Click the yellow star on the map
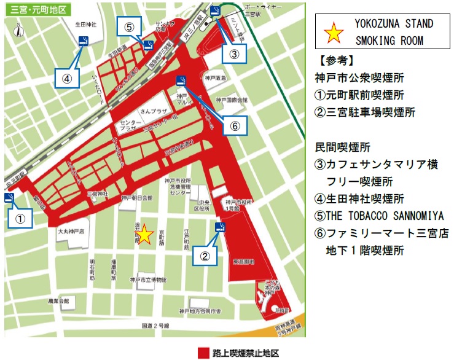coord(144,235)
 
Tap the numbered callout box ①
coord(20,217)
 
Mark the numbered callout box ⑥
coord(234,126)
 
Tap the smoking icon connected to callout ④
coord(84,41)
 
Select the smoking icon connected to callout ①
coord(9,197)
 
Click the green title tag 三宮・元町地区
coord(37,10)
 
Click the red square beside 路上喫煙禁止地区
coord(204,353)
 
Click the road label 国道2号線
coord(155,325)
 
